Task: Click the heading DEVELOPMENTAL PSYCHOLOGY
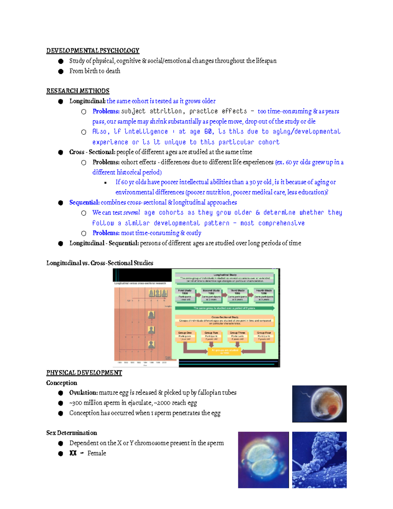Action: click(93, 50)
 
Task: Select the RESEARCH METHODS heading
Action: click(78, 91)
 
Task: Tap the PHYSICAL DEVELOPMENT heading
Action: click(84, 373)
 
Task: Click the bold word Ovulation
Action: click(83, 393)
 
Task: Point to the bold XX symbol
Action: click(73, 453)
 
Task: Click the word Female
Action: click(97, 453)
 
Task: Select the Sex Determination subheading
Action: click(71, 433)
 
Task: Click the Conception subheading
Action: click(62, 383)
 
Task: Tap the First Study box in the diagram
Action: click(185, 295)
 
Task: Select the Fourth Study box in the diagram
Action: click(264, 295)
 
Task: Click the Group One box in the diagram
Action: click(185, 336)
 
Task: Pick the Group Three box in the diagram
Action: click(237, 336)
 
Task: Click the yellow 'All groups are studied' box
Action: click(224, 351)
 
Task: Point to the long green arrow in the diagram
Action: click(225, 308)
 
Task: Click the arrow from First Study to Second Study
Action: click(198, 295)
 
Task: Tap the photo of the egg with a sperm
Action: click(319, 404)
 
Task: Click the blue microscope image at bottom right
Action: click(319, 460)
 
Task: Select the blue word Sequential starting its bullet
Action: click(84, 203)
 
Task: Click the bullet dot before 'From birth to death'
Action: click(61, 71)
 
